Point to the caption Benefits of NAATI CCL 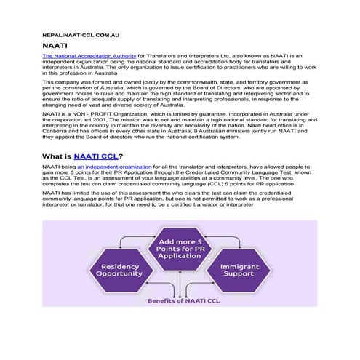click(181, 300)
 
